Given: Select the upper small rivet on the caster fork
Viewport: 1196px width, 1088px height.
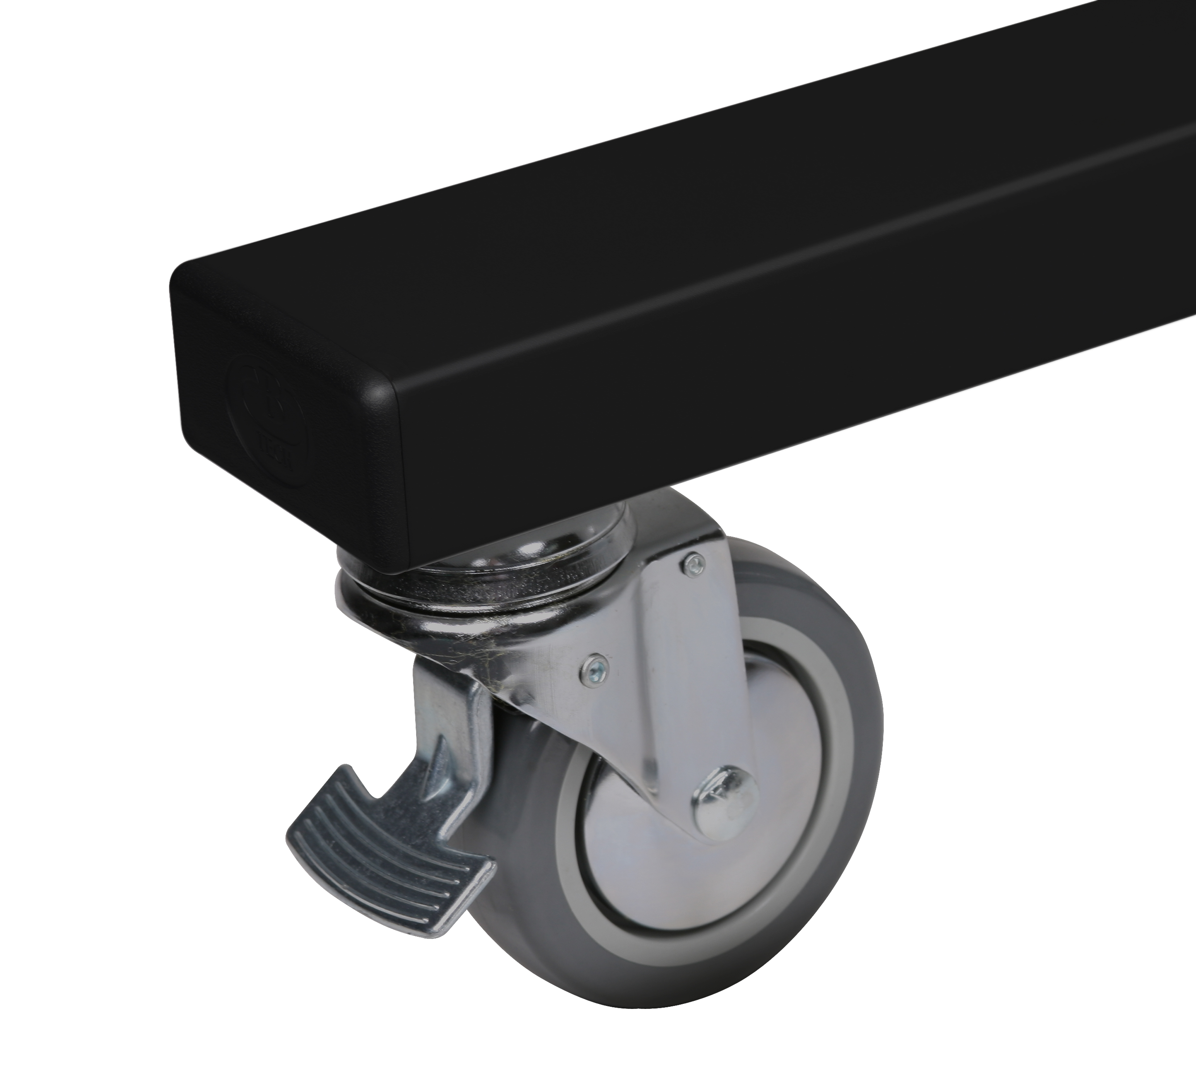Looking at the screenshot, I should pyautogui.click(x=692, y=563).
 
